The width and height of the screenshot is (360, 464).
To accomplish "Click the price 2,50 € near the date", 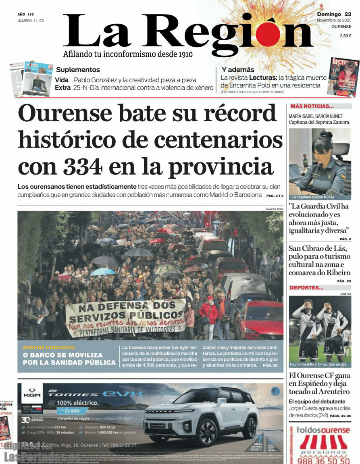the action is (345, 36).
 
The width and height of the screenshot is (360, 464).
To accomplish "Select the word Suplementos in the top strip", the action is (78, 69).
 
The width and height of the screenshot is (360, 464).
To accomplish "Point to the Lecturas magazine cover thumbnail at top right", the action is (343, 77).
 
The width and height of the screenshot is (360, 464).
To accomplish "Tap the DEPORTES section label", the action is (307, 287).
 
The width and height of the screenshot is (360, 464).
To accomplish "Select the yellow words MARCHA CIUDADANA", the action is (49, 347).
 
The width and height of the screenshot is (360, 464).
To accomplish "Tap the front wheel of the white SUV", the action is (208, 431).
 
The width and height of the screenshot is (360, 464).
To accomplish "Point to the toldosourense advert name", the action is (323, 430).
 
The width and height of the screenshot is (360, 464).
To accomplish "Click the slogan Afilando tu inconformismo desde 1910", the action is (128, 54).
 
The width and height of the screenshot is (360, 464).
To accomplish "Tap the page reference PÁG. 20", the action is (270, 365).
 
